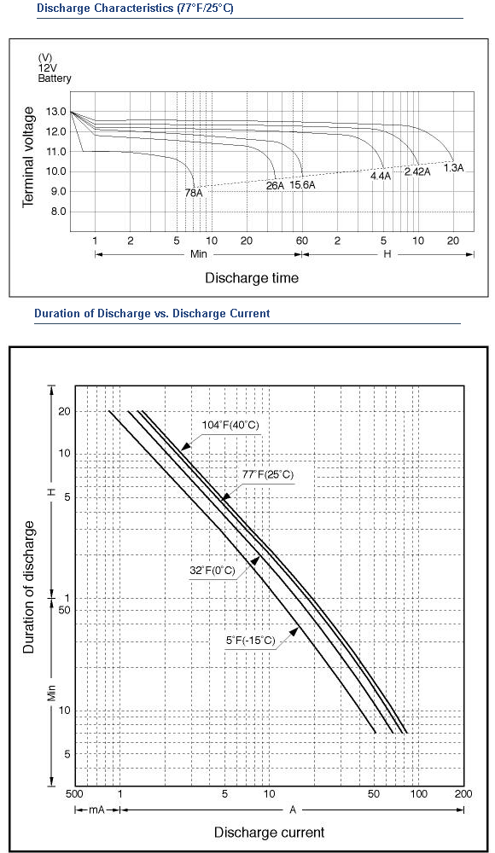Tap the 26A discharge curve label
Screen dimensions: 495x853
tap(275, 185)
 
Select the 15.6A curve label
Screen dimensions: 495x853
tap(302, 185)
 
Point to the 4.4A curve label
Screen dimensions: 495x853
tap(381, 176)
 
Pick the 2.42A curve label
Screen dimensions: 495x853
tap(417, 172)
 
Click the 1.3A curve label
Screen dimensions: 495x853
tap(453, 167)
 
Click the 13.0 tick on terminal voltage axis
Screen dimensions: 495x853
tap(56, 112)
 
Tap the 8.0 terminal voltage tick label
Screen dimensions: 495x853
tap(59, 212)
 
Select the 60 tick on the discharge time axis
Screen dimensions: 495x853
tap(301, 241)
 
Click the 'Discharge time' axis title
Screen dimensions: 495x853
tap(252, 278)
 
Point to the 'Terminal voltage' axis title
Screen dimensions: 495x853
tap(28, 157)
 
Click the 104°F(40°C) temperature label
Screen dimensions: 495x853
tap(231, 425)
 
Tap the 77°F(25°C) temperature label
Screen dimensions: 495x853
tap(268, 474)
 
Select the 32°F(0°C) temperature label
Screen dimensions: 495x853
tap(213, 570)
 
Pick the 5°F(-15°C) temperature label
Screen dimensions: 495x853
tap(251, 640)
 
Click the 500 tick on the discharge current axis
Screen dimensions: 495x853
tap(74, 793)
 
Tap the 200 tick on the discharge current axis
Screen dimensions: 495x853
tap(464, 793)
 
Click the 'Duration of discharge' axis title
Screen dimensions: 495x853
tap(29, 587)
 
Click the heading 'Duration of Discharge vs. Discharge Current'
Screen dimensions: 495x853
tap(152, 313)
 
